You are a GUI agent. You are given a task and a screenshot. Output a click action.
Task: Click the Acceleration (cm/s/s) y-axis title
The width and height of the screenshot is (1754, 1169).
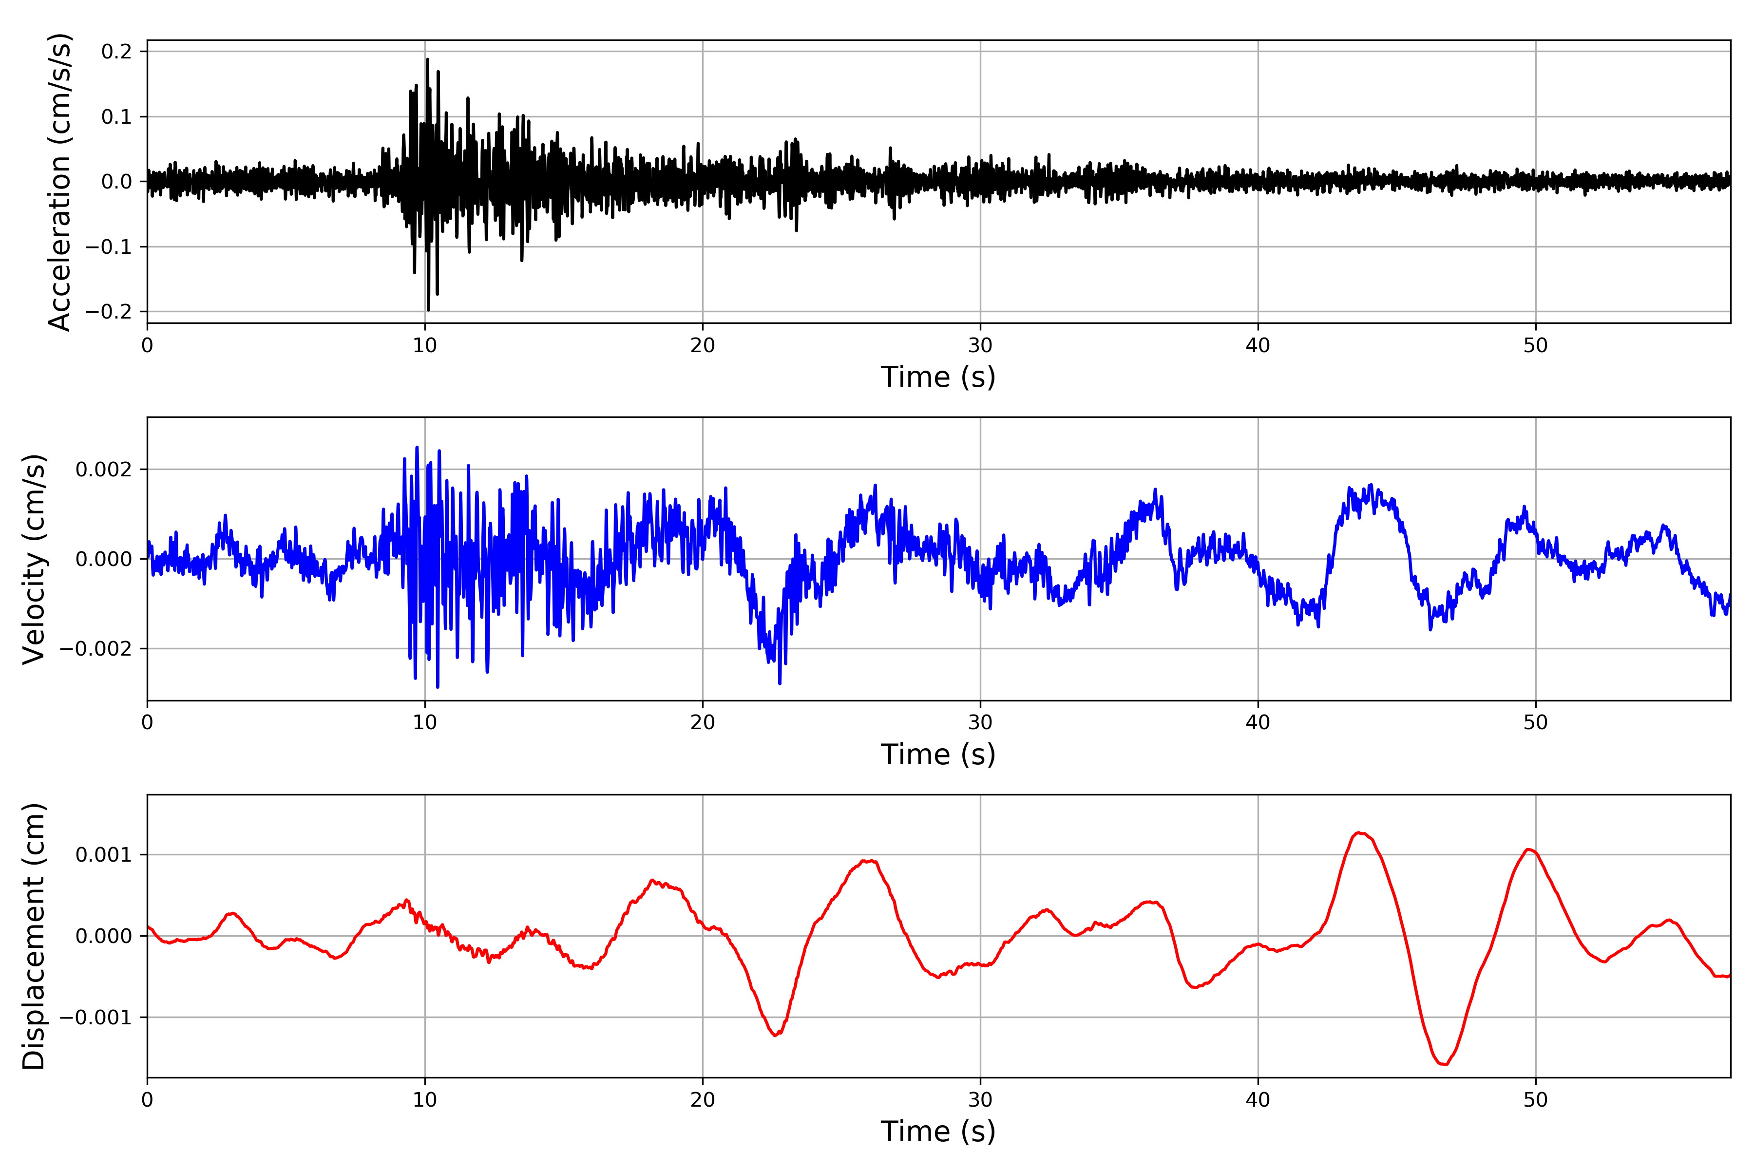59,181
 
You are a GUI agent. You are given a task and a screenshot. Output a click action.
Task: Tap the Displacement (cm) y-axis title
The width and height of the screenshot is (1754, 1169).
34,936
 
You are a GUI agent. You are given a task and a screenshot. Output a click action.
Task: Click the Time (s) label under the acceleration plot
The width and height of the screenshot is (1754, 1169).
937,377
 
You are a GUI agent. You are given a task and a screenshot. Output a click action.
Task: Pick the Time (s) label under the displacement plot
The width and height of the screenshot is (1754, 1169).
937,1131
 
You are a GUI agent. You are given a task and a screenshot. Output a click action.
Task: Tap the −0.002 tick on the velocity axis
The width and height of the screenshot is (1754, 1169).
95,649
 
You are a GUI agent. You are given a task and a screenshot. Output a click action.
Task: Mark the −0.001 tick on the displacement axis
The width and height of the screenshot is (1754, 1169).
95,1018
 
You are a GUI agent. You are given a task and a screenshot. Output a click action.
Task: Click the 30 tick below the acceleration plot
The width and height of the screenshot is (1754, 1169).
980,346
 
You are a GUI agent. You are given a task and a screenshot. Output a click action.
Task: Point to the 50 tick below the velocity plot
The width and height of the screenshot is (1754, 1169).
1536,722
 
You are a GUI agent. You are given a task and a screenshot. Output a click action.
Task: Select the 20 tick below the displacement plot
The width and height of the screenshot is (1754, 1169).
703,1100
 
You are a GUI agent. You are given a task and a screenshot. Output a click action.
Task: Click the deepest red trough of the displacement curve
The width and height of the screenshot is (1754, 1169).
1444,1064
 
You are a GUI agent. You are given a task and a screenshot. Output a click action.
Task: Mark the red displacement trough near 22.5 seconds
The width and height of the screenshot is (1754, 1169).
776,1035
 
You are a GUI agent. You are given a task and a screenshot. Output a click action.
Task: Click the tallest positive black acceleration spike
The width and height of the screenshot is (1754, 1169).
427,59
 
